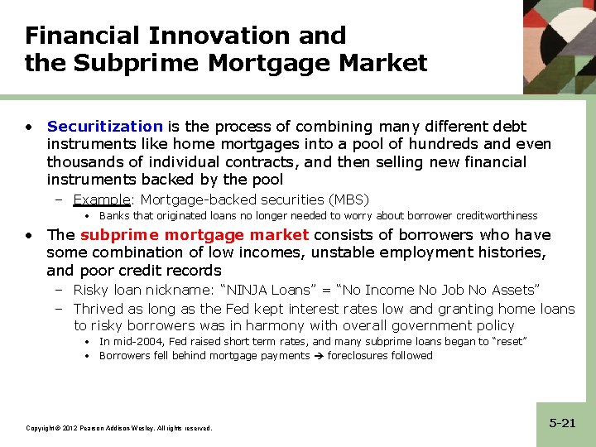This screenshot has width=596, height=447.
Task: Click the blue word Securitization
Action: pos(104,127)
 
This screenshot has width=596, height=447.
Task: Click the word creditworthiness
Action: pos(496,216)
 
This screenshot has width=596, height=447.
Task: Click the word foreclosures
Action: pos(356,356)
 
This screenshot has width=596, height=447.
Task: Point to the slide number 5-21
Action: pos(562,423)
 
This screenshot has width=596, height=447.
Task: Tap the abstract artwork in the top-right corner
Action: pos(560,46)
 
